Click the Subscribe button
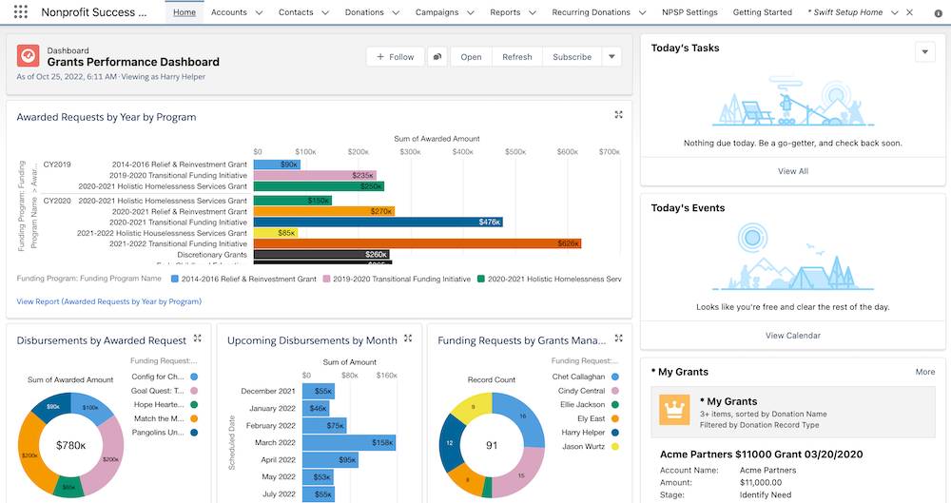pos(572,57)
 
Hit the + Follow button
pos(396,57)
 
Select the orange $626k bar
pos(417,243)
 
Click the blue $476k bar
pos(378,222)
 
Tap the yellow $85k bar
pos(276,233)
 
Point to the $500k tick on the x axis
pos(514,152)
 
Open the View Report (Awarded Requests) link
pos(109,301)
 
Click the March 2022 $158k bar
pos(349,443)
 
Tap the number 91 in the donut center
pos(491,445)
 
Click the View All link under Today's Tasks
pos(792,171)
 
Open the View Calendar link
pos(792,336)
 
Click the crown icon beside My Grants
pos(674,408)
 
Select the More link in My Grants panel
pos(924,372)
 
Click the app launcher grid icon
pos(21,12)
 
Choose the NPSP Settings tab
pos(689,12)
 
